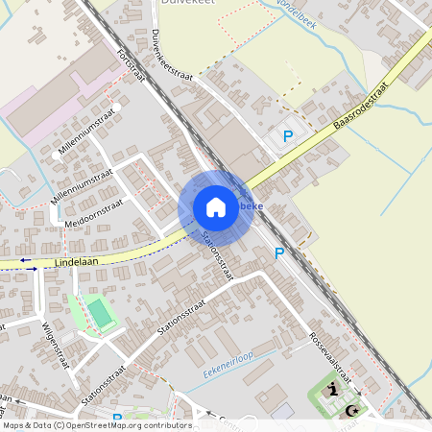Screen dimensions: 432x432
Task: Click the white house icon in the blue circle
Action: (x=216, y=207)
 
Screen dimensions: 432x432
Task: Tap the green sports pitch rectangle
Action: (x=98, y=312)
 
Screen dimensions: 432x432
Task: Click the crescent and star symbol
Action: (x=351, y=410)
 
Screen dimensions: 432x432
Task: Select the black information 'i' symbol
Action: (x=332, y=389)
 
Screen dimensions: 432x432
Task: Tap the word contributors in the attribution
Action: (x=166, y=424)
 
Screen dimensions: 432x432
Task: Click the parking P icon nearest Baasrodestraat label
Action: (x=287, y=137)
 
